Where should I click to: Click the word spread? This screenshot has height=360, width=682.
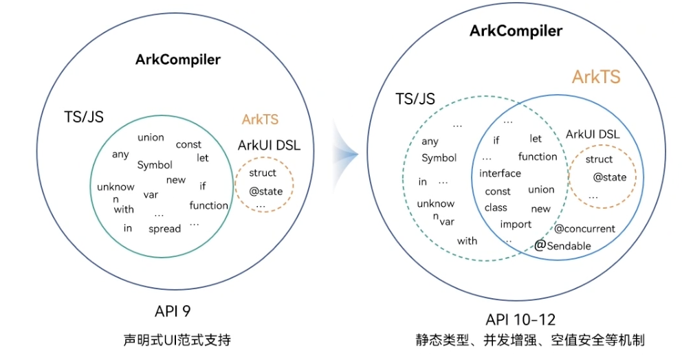(x=164, y=229)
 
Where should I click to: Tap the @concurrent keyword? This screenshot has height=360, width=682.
(x=584, y=229)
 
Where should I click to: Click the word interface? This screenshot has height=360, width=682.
(x=500, y=173)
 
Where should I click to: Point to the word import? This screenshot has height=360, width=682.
(x=516, y=224)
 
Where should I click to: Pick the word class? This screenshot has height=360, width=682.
(x=496, y=207)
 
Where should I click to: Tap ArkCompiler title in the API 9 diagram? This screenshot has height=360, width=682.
(x=178, y=59)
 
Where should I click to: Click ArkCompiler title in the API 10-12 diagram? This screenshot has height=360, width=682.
(x=516, y=31)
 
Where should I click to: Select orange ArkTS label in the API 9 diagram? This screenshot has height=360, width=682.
(x=260, y=119)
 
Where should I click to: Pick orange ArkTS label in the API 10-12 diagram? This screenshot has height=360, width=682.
(x=596, y=77)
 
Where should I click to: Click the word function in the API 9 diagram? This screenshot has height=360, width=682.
(x=209, y=205)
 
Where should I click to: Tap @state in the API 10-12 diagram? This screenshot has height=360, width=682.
(x=610, y=177)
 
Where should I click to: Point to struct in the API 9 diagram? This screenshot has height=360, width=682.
(x=263, y=172)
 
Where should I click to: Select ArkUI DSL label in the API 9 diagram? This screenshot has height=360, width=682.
(x=269, y=145)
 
